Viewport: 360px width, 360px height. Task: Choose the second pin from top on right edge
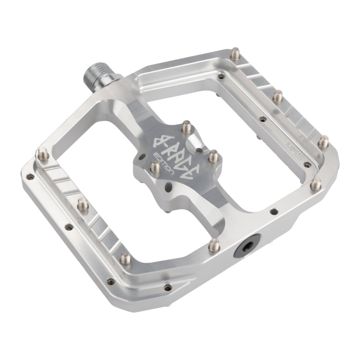tap(279, 95)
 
